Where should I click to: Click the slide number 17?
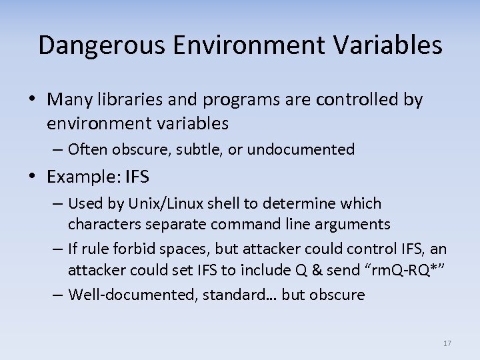447,343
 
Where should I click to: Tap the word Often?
87,149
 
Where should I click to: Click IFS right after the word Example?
136,177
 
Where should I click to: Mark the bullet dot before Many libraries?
33,100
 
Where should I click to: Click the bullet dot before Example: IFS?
33,177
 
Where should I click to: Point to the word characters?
102,224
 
